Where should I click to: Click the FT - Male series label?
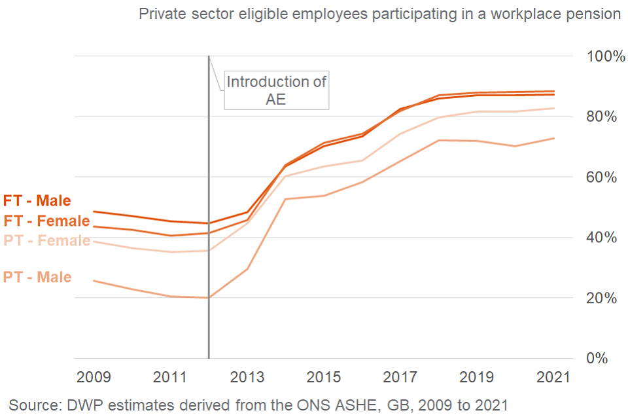[x=37, y=201]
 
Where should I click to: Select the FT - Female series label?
[x=46, y=221]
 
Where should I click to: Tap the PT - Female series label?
[x=46, y=241]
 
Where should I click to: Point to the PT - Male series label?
[x=37, y=278]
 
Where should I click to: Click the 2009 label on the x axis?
[x=94, y=378]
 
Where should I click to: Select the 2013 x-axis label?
[x=247, y=378]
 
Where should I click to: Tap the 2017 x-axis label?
[x=400, y=378]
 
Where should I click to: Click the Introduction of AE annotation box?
[x=276, y=90]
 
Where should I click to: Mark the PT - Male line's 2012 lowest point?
[x=209, y=298]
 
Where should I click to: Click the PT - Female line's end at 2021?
[x=554, y=109]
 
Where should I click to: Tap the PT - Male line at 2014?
[x=285, y=199]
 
